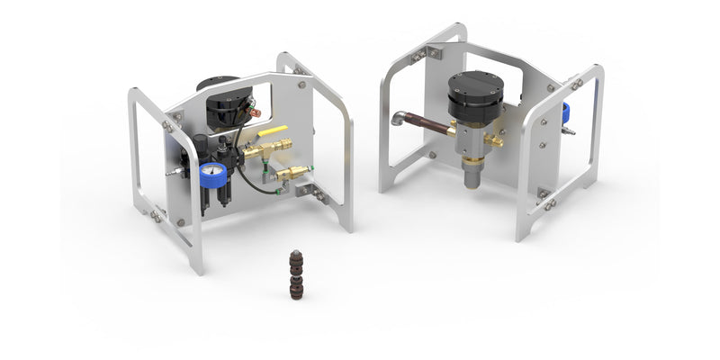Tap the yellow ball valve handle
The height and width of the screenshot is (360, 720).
(x=274, y=131)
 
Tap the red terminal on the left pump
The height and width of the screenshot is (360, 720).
(x=256, y=112)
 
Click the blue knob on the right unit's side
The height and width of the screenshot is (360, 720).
(x=565, y=112)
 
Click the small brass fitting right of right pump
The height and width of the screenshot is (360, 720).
(x=494, y=140)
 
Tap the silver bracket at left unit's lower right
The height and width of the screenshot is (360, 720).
(x=311, y=190)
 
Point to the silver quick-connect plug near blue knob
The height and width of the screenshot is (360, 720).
(x=567, y=131)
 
